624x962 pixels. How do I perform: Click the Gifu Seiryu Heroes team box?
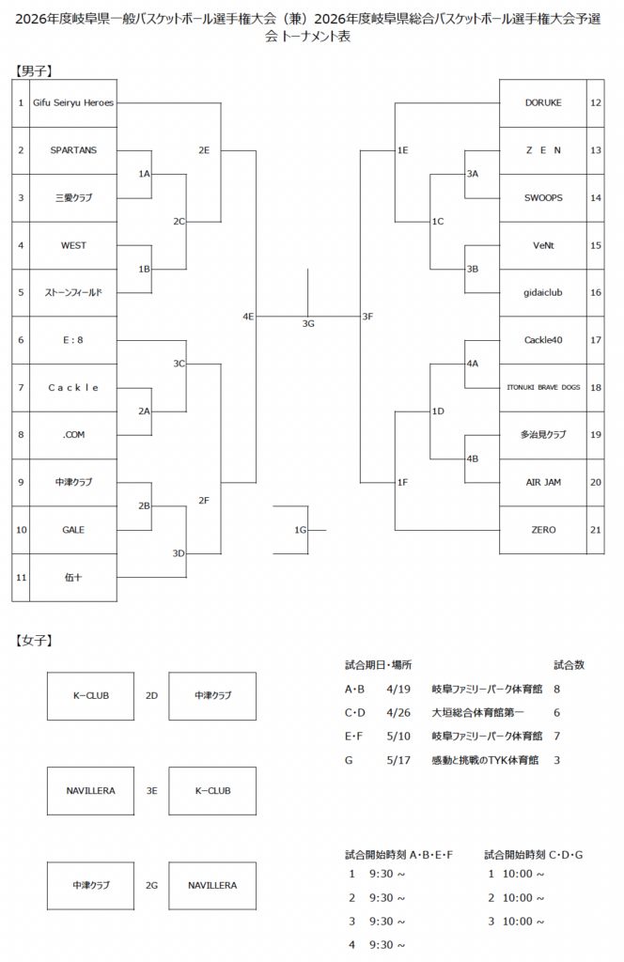[73, 102]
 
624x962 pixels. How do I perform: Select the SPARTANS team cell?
[73, 150]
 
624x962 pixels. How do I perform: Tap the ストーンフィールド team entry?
[73, 292]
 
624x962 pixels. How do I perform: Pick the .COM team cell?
[73, 435]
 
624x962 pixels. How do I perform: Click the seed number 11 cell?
[21, 577]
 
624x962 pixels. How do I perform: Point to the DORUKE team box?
[543, 102]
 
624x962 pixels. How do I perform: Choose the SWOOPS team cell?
[543, 197]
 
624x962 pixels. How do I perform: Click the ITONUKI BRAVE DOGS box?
[543, 387]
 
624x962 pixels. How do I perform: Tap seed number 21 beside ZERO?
[595, 530]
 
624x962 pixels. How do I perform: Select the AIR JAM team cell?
[543, 482]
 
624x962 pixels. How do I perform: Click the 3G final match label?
[308, 324]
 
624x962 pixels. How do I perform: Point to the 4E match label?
[248, 317]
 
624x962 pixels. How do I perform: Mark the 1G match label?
[300, 530]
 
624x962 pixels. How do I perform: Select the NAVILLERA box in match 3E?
[91, 790]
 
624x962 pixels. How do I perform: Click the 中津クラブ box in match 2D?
[212, 695]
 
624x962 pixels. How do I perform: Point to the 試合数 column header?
[569, 664]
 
